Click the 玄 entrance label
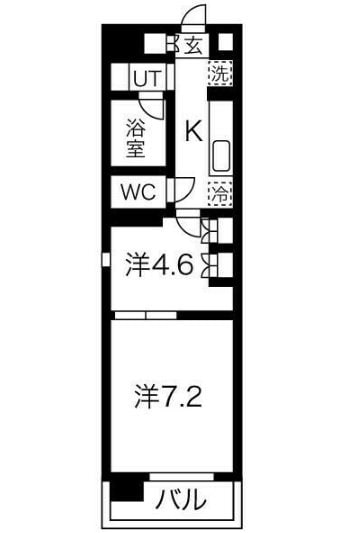coord(194,45)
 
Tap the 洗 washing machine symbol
coord(219,73)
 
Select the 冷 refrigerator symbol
coord(219,193)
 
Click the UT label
coord(146,77)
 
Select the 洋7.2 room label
coord(170,398)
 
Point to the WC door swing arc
coord(183,189)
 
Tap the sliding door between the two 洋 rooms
coord(147,313)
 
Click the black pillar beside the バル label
coord(122,490)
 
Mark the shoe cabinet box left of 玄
coord(152,44)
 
